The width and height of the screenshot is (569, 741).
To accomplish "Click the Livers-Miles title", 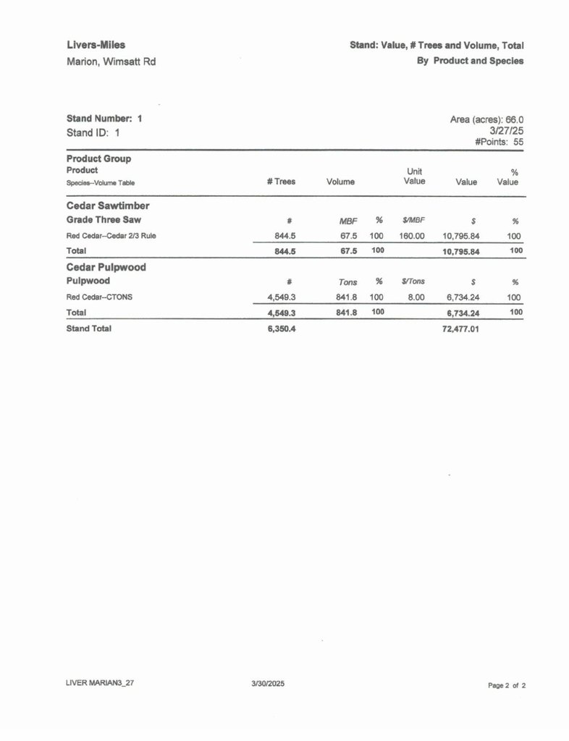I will (96, 45).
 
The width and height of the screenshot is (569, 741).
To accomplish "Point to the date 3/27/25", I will (507, 131).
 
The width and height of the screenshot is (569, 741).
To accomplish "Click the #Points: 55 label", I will (500, 143).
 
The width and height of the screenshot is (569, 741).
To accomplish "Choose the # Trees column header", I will (281, 182).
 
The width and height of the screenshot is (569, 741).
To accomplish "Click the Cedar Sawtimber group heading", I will (108, 206).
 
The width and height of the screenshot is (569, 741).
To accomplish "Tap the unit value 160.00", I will (412, 236).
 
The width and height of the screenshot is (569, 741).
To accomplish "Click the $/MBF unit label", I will (413, 219).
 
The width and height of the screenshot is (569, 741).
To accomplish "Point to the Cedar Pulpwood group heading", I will (106, 267).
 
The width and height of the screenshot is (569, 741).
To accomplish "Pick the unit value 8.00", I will (416, 297).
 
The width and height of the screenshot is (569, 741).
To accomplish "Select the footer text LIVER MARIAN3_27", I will (99, 682).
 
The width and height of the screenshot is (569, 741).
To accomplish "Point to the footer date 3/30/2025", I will (268, 682).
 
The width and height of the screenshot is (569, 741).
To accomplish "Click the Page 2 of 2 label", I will (507, 684).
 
